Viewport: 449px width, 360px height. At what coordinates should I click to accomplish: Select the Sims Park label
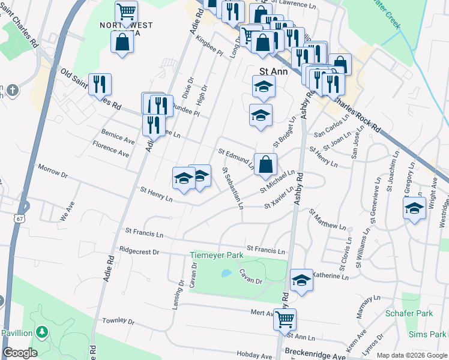[433, 334]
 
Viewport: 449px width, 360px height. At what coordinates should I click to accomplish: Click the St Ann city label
[273, 71]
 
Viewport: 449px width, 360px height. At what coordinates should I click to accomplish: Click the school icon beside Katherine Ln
[301, 280]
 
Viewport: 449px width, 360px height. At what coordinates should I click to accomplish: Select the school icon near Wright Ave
[414, 208]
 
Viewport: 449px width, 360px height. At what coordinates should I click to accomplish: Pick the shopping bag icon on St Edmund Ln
[265, 164]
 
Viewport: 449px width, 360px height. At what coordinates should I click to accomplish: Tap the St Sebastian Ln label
[232, 187]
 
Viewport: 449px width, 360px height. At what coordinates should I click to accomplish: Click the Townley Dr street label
[117, 321]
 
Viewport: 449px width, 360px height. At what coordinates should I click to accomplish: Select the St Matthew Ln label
[328, 220]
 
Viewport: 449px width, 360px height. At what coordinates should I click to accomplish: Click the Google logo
[20, 353]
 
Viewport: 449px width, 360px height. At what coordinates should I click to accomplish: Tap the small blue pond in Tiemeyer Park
[226, 273]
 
